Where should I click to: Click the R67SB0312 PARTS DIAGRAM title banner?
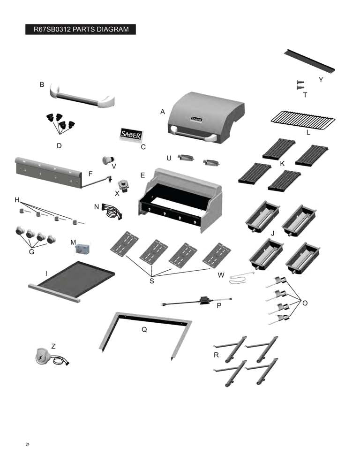pyautogui.click(x=81, y=30)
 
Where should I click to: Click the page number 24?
pyautogui.click(x=28, y=444)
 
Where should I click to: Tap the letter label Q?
pyautogui.click(x=144, y=329)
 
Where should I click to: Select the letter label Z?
pyautogui.click(x=53, y=346)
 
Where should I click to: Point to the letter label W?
pyautogui.click(x=221, y=275)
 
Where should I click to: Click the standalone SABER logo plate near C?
pyautogui.click(x=131, y=135)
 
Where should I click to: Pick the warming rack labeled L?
pyautogui.click(x=303, y=120)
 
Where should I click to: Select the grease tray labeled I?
pyautogui.click(x=72, y=281)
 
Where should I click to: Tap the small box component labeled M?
pyautogui.click(x=82, y=249)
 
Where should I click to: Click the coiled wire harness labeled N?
pyautogui.click(x=112, y=211)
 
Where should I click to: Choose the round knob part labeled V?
pyautogui.click(x=108, y=160)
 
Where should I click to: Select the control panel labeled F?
pyautogui.click(x=48, y=173)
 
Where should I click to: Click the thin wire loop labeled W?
pyautogui.click(x=241, y=278)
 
